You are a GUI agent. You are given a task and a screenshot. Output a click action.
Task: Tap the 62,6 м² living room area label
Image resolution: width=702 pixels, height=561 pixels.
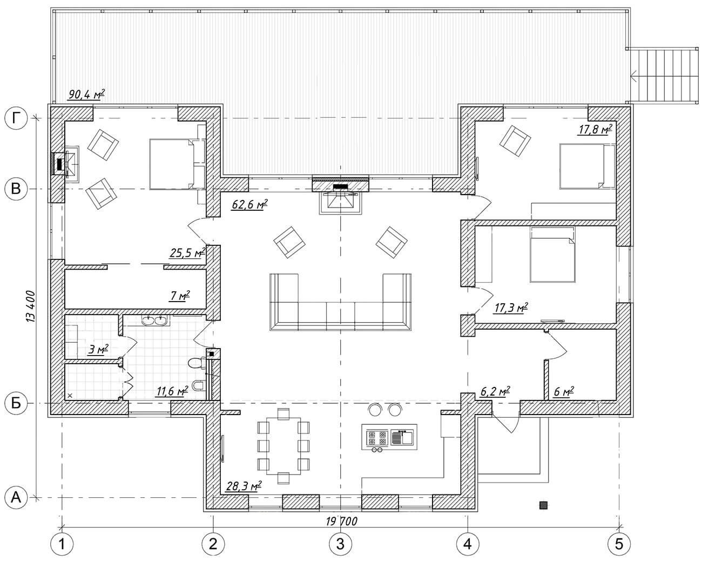pyautogui.click(x=249, y=204)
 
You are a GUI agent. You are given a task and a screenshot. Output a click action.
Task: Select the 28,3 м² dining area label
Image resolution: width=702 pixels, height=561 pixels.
pyautogui.click(x=244, y=486)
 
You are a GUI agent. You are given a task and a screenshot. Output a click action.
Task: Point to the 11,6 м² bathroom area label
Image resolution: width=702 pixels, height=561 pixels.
pyautogui.click(x=172, y=391)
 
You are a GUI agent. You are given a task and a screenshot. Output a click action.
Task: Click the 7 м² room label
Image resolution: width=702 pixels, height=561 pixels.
pyautogui.click(x=180, y=296)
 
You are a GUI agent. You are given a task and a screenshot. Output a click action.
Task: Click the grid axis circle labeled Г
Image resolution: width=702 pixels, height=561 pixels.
pyautogui.click(x=16, y=118)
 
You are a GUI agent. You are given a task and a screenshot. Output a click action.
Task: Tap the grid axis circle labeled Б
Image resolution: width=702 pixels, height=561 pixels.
pyautogui.click(x=16, y=404)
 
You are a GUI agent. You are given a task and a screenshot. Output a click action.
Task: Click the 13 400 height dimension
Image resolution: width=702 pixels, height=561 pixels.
pyautogui.click(x=31, y=306)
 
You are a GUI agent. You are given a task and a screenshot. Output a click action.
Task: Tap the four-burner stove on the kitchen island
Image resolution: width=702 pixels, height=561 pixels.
pyautogui.click(x=377, y=438)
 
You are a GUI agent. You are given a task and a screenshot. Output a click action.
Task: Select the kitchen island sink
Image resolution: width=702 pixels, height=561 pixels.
pyautogui.click(x=402, y=438)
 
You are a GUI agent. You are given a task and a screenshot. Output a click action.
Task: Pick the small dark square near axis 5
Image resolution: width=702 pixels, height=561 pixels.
pyautogui.click(x=543, y=505)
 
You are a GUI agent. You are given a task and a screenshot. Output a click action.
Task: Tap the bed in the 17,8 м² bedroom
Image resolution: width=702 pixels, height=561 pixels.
pyautogui.click(x=587, y=166)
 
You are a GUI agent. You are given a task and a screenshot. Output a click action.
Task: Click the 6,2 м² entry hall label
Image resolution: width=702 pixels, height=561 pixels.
pyautogui.click(x=495, y=391)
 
